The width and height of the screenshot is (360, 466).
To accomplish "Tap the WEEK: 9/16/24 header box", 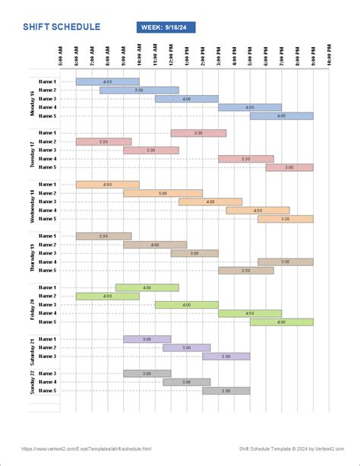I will (166, 27).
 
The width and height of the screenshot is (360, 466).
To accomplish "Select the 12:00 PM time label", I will (171, 58).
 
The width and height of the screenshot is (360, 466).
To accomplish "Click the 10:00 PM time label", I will (329, 58).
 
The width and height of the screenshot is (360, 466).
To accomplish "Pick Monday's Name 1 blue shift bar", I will (107, 81).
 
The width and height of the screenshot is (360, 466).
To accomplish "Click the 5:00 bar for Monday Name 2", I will (139, 90).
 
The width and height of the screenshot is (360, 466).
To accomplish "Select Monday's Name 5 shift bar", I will (281, 116).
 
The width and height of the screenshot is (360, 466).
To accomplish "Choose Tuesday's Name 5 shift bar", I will (289, 167).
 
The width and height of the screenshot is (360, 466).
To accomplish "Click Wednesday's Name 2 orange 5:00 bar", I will (163, 193).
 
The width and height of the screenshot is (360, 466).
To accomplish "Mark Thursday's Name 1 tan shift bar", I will (103, 236).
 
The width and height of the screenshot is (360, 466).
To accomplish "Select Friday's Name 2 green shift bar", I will (103, 296).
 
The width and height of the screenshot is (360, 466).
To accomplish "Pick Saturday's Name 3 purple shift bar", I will (226, 356).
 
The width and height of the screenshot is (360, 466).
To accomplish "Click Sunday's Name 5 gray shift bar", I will (226, 391).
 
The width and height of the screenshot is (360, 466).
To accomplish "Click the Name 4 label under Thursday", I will (47, 262).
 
